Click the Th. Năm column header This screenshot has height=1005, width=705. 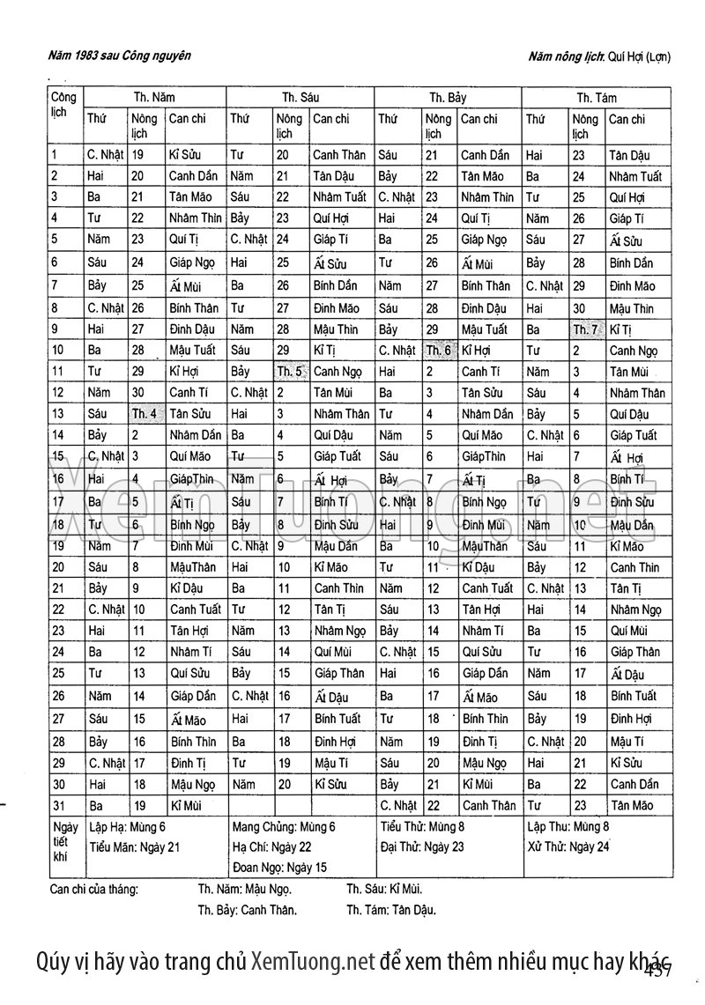[x=154, y=98]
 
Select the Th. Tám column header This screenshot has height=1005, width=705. [x=597, y=98]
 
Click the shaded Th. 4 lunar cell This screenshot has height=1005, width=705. [x=145, y=413]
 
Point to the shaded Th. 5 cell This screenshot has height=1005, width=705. [x=290, y=371]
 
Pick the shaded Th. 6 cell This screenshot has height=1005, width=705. [x=438, y=350]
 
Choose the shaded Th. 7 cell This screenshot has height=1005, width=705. [x=586, y=329]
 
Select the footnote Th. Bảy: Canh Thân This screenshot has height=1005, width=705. [x=247, y=910]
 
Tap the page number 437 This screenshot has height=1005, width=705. [x=658, y=970]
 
